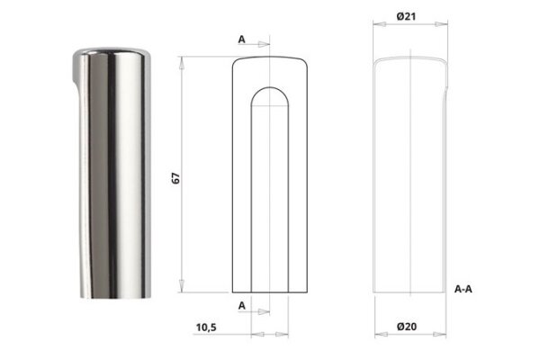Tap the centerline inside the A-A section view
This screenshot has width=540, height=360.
410,180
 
